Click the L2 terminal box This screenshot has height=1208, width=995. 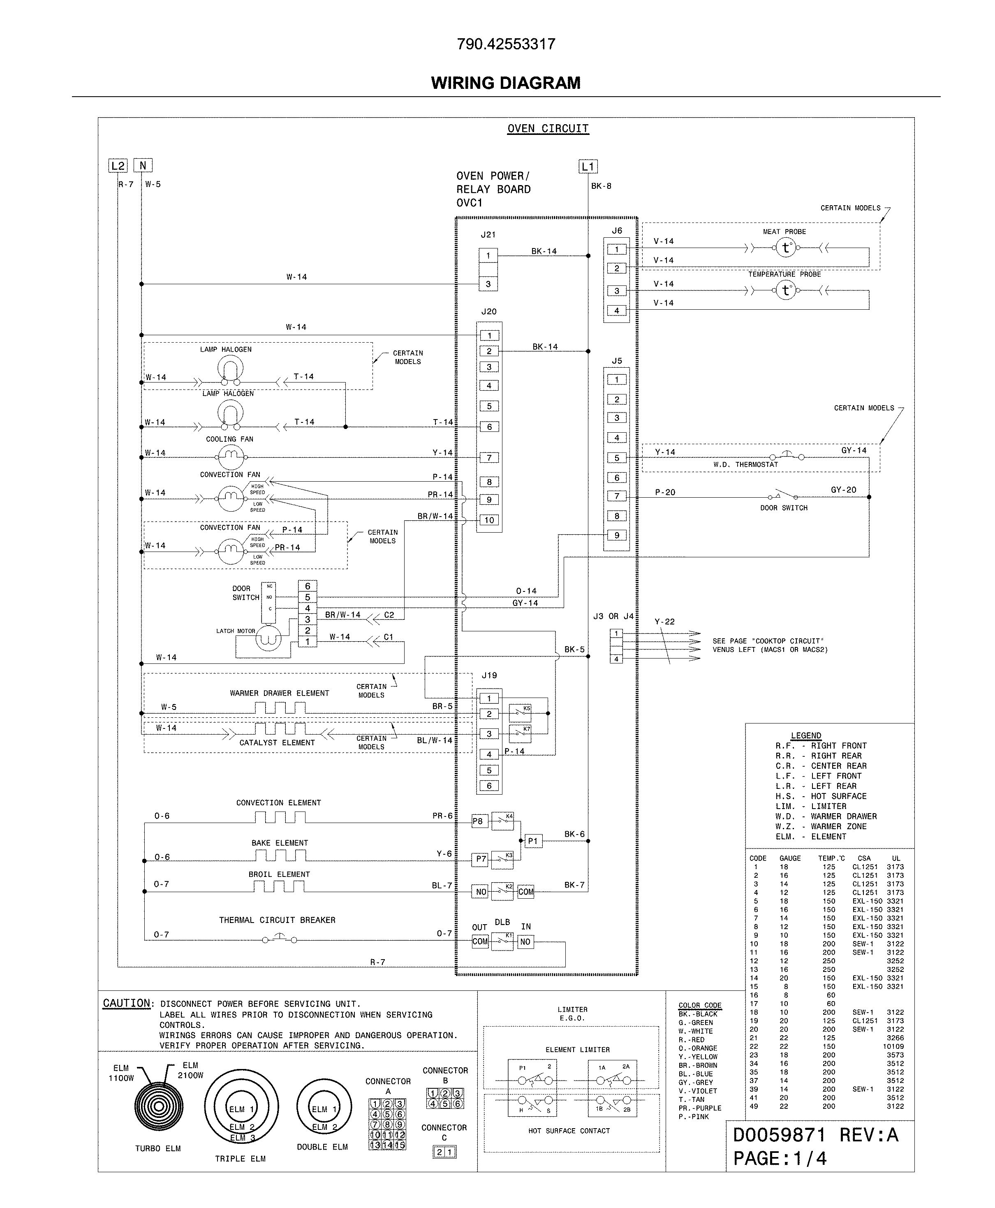coord(118,166)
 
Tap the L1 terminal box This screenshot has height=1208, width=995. coord(588,167)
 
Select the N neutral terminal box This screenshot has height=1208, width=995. coord(143,166)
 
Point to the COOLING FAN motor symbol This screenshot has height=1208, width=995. coord(230,457)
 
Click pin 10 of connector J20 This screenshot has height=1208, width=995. coord(489,520)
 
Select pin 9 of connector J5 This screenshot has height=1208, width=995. coord(617,535)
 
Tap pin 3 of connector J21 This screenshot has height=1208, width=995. coord(488,284)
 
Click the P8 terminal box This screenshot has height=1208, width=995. coord(477,821)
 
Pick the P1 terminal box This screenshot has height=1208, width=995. coord(533,841)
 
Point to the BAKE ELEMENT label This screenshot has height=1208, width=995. coord(280,843)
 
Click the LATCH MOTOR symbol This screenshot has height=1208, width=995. coord(268,638)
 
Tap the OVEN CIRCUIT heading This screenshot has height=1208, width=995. coord(548,128)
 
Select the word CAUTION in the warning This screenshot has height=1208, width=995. coord(127,1003)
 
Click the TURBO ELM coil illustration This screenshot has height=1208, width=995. coord(159,1105)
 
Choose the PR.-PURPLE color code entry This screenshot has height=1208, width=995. coord(699,1108)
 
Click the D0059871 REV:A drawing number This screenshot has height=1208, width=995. coord(815,1135)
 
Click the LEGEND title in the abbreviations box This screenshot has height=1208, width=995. coord(806,735)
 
